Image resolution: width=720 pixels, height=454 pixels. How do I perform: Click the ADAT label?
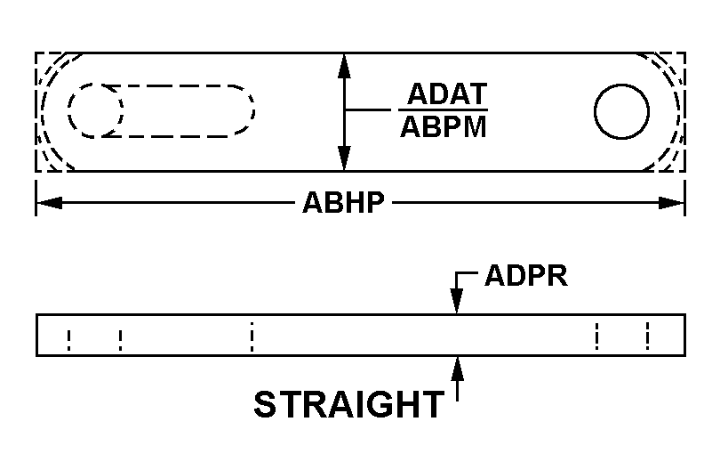447,93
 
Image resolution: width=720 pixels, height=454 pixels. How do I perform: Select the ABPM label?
444,127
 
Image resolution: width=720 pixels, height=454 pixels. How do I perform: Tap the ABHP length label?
343,202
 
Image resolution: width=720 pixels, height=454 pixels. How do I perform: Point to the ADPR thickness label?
526,276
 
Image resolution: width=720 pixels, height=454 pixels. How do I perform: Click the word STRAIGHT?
349,404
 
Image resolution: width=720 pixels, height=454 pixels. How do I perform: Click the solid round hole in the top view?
621,111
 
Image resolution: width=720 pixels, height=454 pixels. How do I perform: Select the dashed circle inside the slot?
95,110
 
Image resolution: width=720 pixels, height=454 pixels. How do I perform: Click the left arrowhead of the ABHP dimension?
49,202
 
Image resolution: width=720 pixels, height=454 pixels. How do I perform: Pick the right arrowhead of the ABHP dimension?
671,202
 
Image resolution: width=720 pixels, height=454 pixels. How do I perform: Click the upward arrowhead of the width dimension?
344,66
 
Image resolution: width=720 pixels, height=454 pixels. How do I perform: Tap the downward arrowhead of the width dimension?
344,158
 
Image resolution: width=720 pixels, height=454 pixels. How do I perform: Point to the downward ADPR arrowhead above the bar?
456,301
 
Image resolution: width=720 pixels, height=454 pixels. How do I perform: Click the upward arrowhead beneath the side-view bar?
457,369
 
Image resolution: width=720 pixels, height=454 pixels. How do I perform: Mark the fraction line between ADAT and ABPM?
443,109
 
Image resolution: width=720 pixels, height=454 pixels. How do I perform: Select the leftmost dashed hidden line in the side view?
68,340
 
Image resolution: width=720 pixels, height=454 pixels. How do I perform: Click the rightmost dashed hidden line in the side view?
647,336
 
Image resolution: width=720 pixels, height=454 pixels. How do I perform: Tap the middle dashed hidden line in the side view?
252,336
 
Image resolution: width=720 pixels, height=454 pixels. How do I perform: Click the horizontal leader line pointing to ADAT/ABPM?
367,109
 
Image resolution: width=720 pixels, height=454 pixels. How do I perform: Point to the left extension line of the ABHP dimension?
36,198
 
